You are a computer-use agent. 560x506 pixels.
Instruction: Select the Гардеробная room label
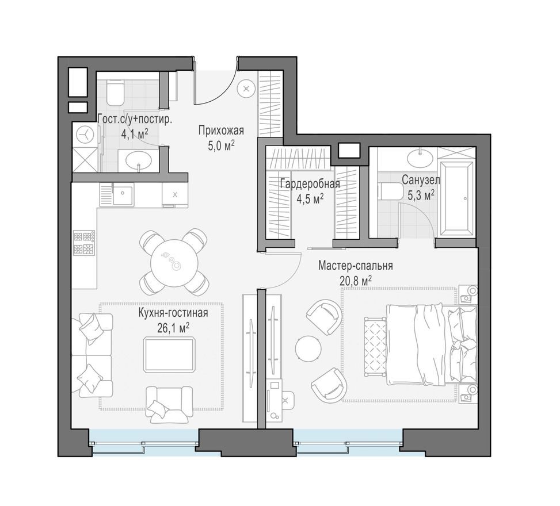[310, 184]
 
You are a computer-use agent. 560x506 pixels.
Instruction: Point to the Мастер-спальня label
[355, 266]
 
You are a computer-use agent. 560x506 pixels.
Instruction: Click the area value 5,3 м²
[421, 195]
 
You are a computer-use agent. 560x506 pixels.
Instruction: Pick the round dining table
[174, 261]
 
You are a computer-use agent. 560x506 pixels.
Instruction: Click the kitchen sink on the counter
[123, 195]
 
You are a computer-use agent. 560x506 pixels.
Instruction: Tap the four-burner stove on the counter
[83, 243]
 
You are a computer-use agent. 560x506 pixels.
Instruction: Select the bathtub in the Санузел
[456, 197]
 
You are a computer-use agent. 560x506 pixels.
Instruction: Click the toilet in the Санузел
[388, 190]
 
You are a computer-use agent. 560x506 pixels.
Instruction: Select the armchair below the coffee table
[169, 404]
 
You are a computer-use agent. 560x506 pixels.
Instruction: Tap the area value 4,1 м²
[135, 133]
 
